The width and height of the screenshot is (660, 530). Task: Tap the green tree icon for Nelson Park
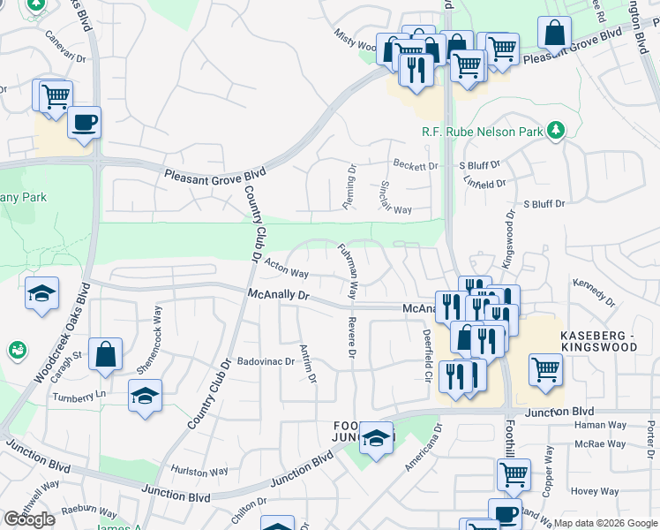(x=555, y=132)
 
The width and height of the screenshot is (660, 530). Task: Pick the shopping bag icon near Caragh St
(x=106, y=353)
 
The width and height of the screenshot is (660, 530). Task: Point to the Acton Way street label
(x=287, y=269)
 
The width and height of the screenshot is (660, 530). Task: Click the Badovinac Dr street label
(x=265, y=362)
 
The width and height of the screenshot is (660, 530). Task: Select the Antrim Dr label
(x=308, y=364)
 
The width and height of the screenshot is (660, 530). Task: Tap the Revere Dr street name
(x=351, y=337)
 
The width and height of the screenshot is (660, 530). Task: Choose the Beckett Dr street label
(x=416, y=166)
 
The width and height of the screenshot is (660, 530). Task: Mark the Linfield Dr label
(x=484, y=182)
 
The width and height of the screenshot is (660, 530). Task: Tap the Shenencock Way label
(x=151, y=339)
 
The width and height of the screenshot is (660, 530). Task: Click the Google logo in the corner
(x=29, y=519)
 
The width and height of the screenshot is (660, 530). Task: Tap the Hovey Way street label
(x=595, y=491)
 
